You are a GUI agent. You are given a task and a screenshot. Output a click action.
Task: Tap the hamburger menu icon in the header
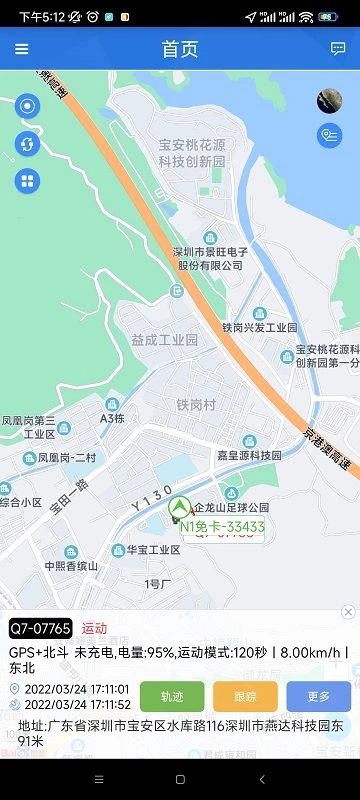[22, 49]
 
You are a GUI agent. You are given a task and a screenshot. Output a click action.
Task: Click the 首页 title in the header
[180, 49]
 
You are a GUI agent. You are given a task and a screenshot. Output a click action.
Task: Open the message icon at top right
[338, 49]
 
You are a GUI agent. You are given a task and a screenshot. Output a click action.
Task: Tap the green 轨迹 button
[172, 696]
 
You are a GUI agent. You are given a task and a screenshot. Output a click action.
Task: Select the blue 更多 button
[318, 696]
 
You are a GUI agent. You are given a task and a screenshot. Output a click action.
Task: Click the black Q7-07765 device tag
[41, 628]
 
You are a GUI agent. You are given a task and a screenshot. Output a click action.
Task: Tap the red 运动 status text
[95, 628]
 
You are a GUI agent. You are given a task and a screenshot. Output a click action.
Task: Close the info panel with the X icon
[348, 612]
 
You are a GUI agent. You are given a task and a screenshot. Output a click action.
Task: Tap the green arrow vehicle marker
[180, 506]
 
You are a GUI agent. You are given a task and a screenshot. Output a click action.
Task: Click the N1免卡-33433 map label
[222, 526]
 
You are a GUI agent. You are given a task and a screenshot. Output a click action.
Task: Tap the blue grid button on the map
[27, 181]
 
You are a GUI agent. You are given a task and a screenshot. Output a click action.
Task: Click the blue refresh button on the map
[27, 144]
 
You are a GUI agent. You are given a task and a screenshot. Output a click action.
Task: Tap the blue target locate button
[27, 106]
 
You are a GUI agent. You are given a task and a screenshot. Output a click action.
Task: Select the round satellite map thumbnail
[329, 100]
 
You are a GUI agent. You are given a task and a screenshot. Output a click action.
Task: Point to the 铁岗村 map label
[196, 404]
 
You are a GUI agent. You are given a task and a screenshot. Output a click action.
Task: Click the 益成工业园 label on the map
[165, 340]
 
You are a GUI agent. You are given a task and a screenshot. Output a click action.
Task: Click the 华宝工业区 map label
[152, 550]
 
